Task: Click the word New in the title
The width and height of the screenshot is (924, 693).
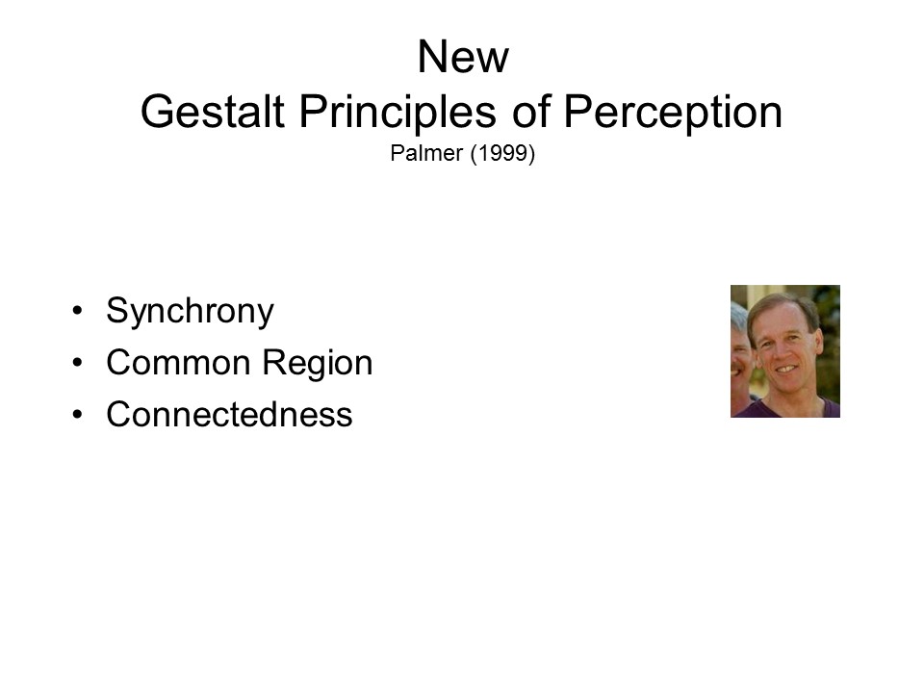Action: click(x=463, y=57)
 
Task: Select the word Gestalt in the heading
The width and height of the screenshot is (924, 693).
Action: click(x=213, y=112)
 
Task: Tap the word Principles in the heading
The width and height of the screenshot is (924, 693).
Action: click(x=398, y=114)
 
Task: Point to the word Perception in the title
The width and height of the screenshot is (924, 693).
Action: click(x=673, y=114)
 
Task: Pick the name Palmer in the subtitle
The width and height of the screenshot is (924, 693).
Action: click(x=426, y=153)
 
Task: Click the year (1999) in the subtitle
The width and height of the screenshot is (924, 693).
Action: click(x=502, y=154)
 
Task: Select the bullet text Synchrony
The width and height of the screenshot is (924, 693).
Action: click(x=190, y=311)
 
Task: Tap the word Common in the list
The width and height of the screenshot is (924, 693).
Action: click(x=179, y=362)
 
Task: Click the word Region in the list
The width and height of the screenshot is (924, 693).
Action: click(x=318, y=364)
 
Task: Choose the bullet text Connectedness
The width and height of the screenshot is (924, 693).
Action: click(x=229, y=414)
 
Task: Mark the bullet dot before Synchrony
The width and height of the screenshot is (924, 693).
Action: click(x=77, y=311)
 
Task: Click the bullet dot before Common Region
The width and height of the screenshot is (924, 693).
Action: click(x=77, y=363)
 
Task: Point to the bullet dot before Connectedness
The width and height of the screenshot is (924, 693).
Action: click(x=77, y=415)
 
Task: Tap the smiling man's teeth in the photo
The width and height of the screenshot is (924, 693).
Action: click(x=785, y=369)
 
